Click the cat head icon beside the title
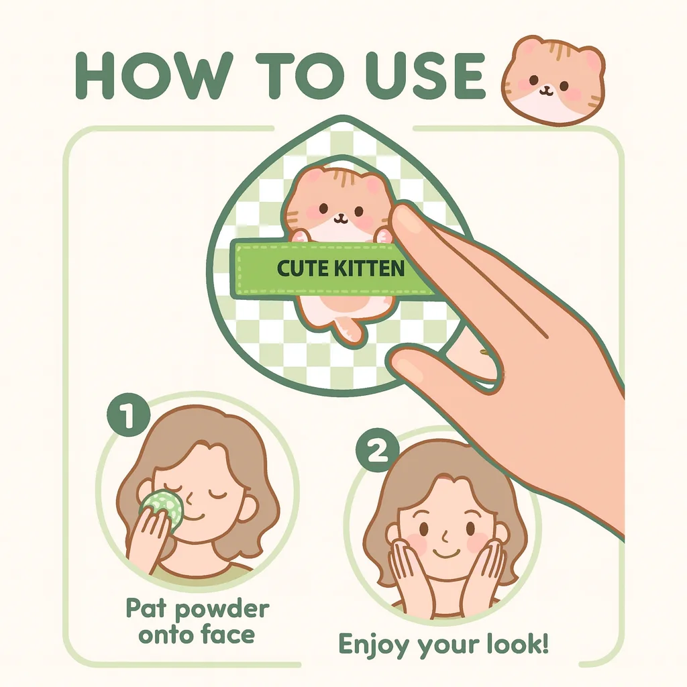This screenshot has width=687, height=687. click(554, 81)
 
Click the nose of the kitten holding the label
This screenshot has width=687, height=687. click(341, 215)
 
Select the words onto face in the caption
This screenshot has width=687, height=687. click(197, 633)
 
